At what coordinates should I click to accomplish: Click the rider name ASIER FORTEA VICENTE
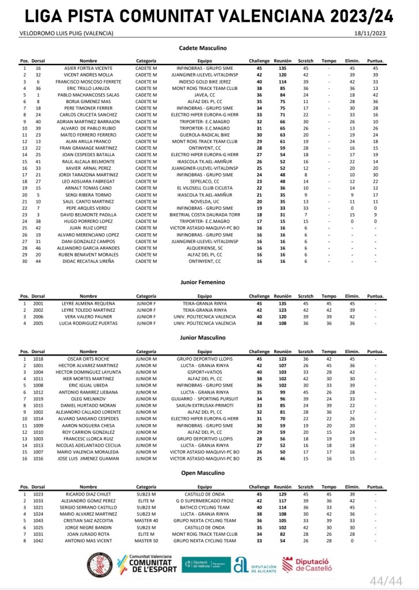tap(88, 68)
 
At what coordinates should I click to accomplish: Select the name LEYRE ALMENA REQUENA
tap(88, 302)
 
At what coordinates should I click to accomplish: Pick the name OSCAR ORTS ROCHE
tap(88, 358)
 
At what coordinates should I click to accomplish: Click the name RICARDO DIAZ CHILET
tap(88, 494)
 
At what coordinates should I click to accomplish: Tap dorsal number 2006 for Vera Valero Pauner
tap(38, 316)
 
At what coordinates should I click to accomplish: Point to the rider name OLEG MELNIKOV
tap(88, 398)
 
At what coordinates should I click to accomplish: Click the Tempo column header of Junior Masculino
tap(329, 351)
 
